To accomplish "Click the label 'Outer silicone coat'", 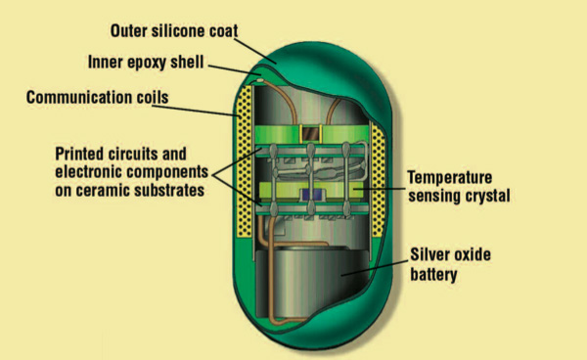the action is point(174,31).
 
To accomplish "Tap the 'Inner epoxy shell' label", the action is point(146,63).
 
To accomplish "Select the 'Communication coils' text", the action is point(97,97).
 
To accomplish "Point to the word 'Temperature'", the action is point(450,178).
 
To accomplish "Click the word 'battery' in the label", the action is point(433,274).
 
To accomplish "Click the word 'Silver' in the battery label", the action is point(430,255).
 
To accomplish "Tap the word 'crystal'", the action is point(488,196).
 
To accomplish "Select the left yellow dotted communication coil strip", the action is point(244,161).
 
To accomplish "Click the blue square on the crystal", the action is point(312,195).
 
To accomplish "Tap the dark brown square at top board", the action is point(310,134).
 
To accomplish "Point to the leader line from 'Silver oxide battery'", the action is point(375,268).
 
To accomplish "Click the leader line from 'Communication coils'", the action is point(196,111).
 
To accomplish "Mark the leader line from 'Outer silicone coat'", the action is point(256,51).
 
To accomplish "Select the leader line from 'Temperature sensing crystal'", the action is point(380,189).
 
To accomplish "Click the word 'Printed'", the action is point(79,154).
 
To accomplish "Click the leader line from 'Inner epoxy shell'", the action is point(235,70).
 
